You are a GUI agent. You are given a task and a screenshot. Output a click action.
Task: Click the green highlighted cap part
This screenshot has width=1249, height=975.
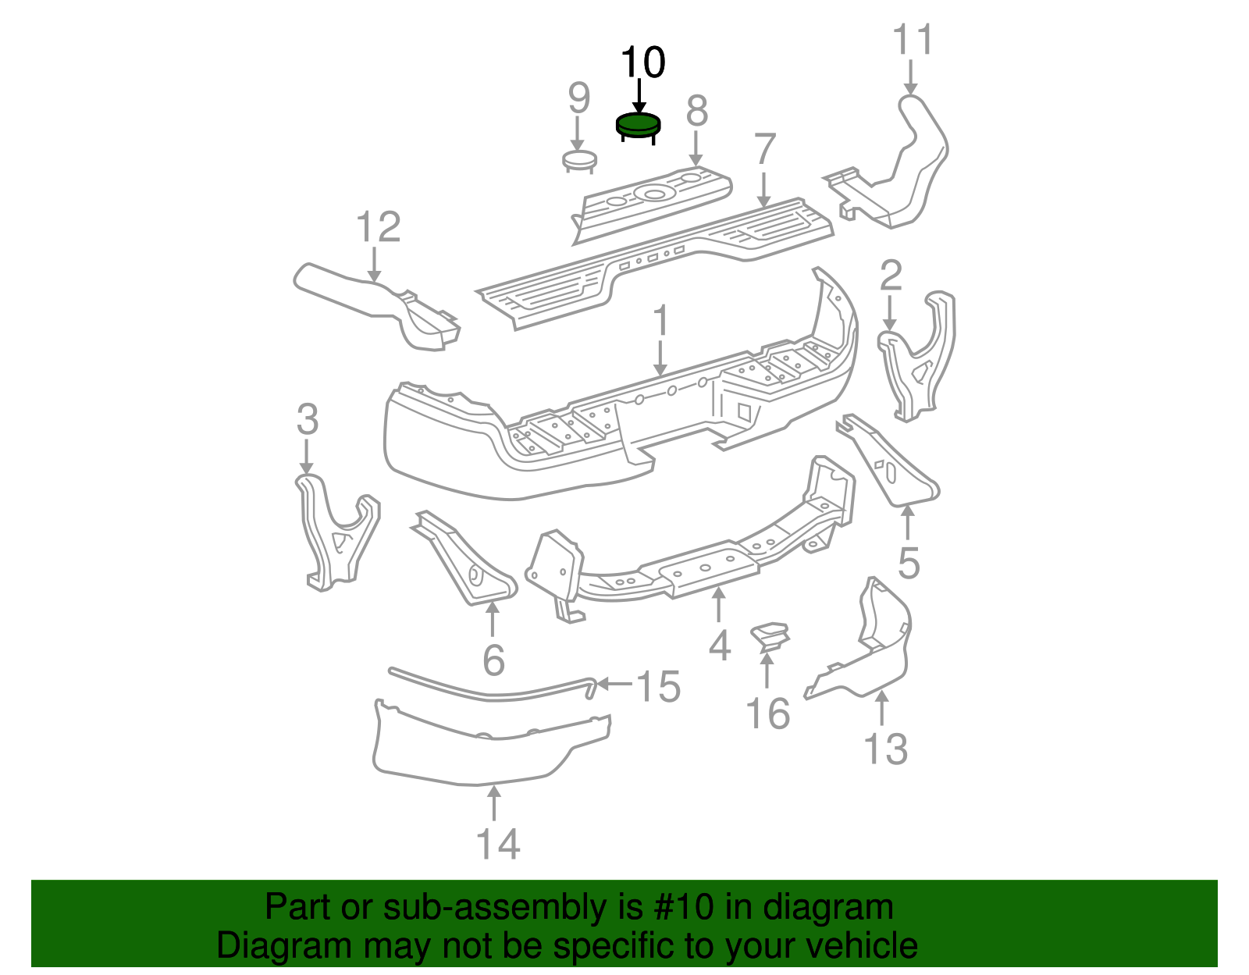tap(638, 124)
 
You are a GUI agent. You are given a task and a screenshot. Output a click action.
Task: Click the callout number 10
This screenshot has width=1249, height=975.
tap(642, 62)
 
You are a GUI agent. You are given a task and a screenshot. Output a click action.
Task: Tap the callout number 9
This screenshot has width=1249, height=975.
tap(578, 98)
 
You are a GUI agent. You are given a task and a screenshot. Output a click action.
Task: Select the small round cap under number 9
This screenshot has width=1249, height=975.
tap(579, 161)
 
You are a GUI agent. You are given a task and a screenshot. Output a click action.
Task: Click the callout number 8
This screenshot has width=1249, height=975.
tap(696, 111)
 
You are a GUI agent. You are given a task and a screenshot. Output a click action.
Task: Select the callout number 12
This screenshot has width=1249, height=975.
tap(378, 227)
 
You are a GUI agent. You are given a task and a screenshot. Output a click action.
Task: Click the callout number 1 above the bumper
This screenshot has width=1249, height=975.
tap(661, 322)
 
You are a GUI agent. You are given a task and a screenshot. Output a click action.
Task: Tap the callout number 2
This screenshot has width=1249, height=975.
tap(891, 276)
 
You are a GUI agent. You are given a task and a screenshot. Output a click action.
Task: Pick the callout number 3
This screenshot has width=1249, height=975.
tap(308, 420)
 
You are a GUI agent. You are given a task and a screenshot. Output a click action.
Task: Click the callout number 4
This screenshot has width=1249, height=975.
tap(720, 646)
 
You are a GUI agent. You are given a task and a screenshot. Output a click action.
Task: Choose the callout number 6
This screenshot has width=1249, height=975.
tap(493, 660)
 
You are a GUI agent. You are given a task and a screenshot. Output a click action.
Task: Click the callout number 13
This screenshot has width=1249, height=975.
tap(886, 749)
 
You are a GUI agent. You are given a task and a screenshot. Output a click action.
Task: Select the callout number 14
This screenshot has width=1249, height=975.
tap(498, 845)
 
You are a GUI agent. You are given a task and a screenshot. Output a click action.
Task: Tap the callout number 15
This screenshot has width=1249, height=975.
tap(659, 686)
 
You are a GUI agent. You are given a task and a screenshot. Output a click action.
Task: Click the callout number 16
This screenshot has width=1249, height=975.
tap(768, 713)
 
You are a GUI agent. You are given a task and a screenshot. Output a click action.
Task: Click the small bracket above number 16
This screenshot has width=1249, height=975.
tap(770, 635)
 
